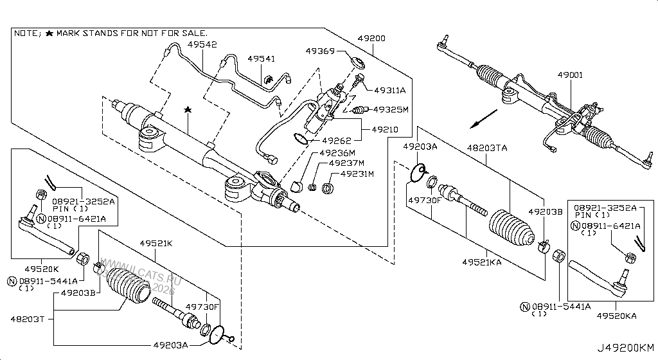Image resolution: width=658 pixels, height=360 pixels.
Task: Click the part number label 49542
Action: [x=202, y=45]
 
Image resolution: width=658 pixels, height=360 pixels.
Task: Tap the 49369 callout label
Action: [x=321, y=51]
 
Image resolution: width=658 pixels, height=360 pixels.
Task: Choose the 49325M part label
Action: [x=391, y=109]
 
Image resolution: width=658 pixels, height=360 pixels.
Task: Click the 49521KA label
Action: [x=482, y=262]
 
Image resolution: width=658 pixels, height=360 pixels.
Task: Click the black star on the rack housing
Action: [x=188, y=111]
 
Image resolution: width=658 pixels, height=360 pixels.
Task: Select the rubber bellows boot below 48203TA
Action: [x=510, y=229]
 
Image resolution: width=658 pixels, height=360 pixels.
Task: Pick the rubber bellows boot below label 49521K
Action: [x=127, y=285]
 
